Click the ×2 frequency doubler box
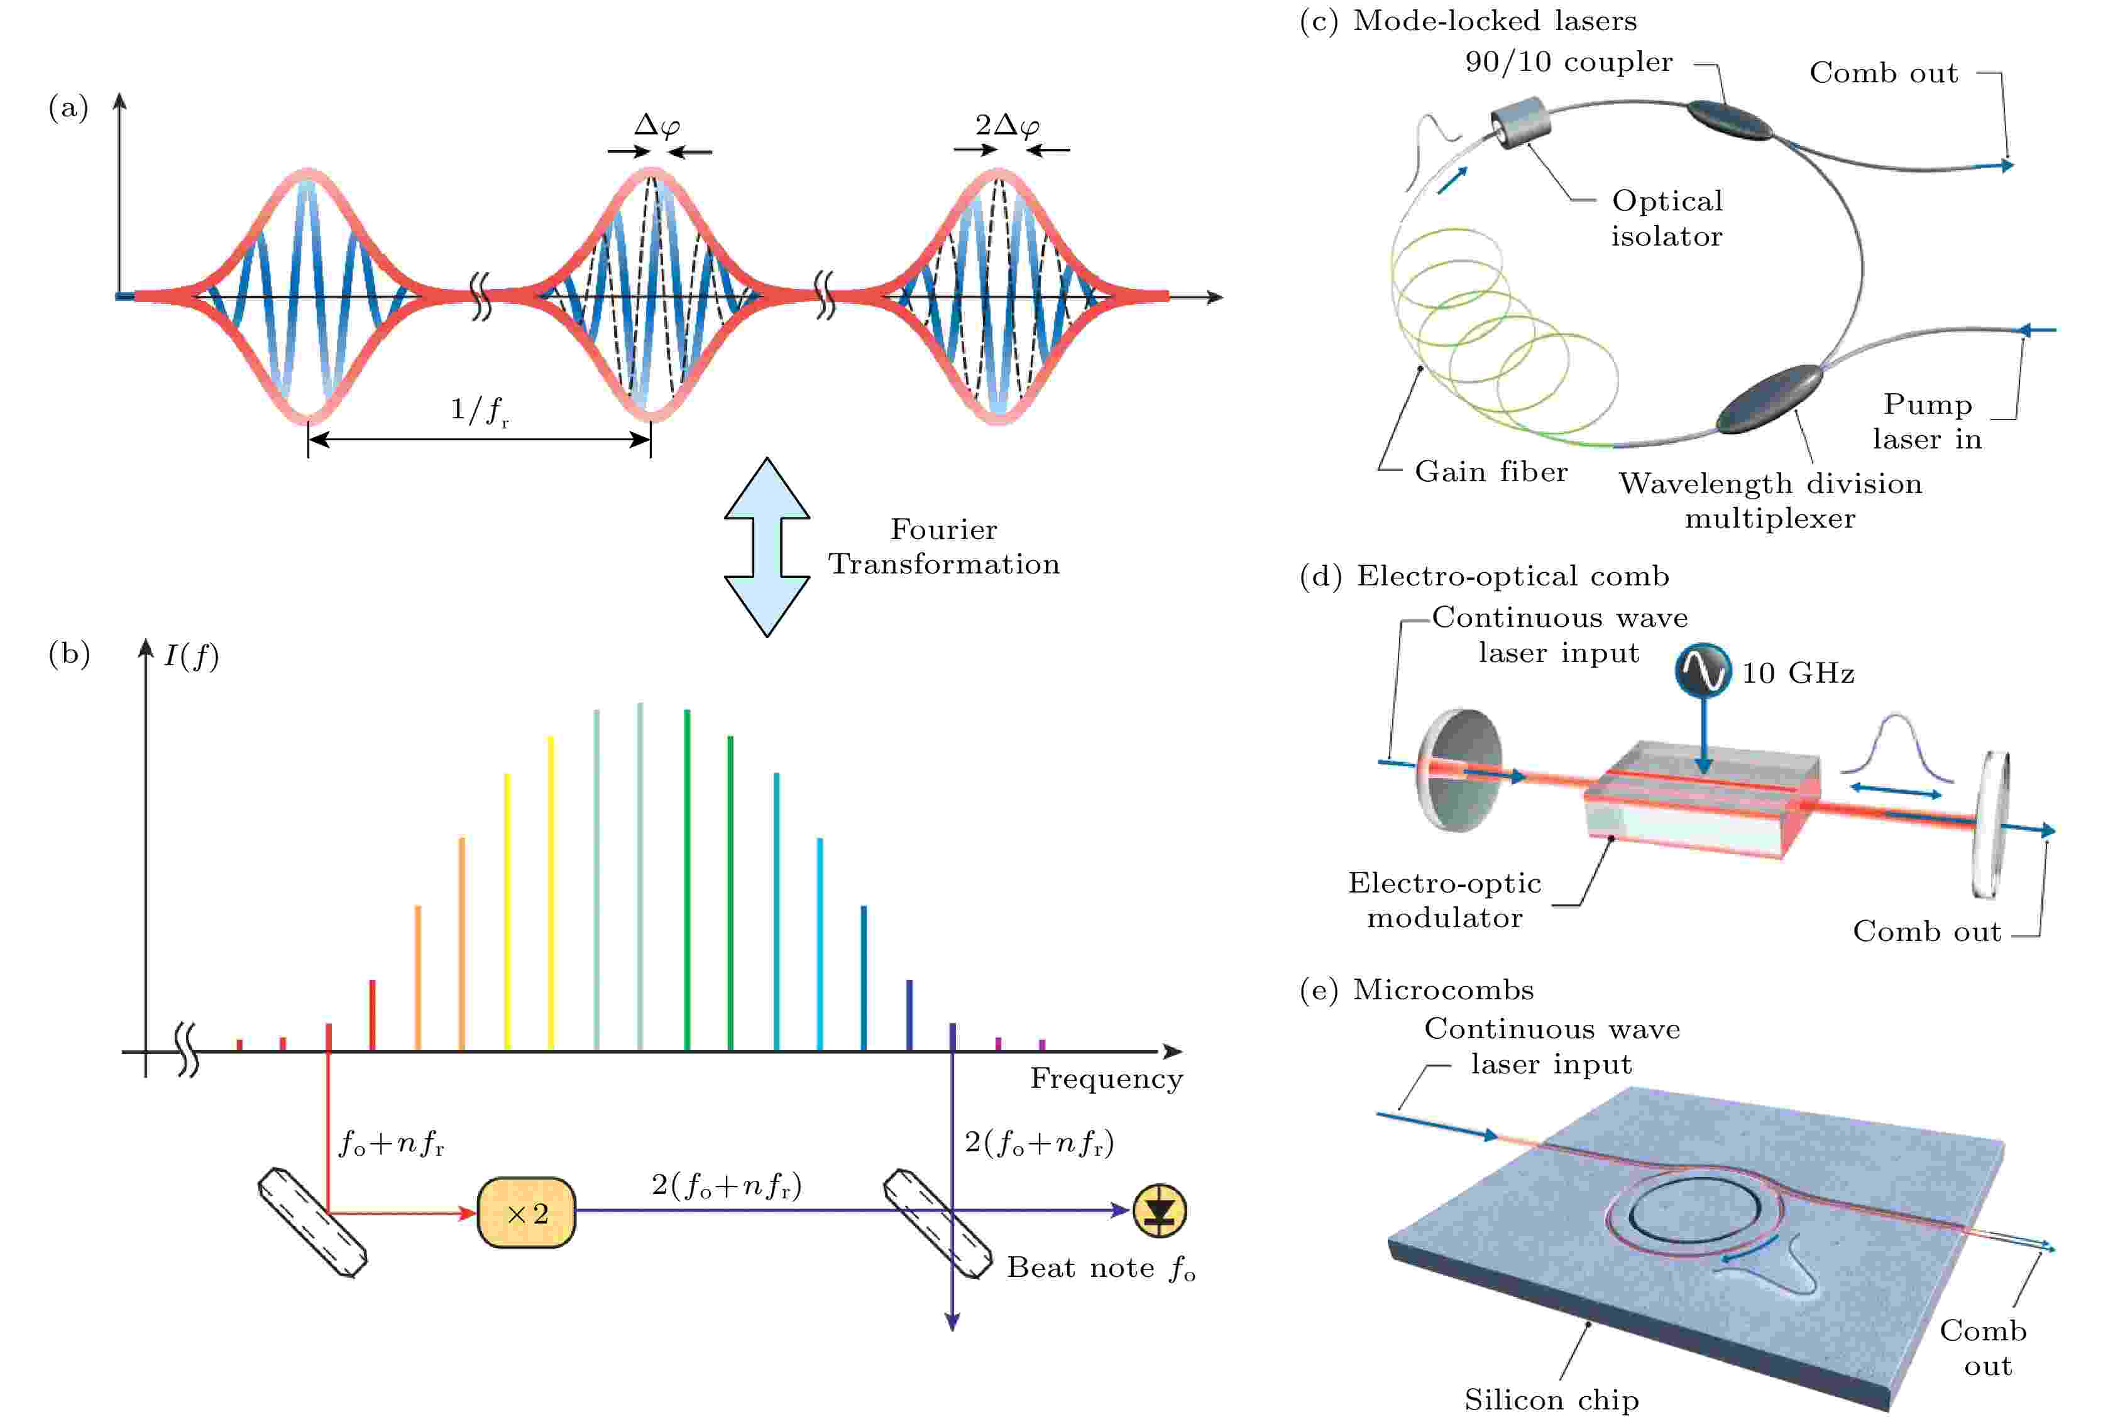[525, 1213]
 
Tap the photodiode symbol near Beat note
[1159, 1210]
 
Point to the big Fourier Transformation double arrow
[766, 547]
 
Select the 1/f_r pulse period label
[480, 411]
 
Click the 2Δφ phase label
[1007, 126]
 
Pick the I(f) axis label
[191, 655]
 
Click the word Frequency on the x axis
[1106, 1078]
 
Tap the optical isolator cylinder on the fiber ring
[1520, 123]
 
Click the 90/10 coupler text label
[1568, 62]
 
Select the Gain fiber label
[1490, 471]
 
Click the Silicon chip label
[1551, 1399]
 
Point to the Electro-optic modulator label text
[1444, 900]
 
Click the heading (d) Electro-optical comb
[1484, 576]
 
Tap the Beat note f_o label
[1101, 1268]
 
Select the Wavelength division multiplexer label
[1770, 500]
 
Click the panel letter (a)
[68, 109]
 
